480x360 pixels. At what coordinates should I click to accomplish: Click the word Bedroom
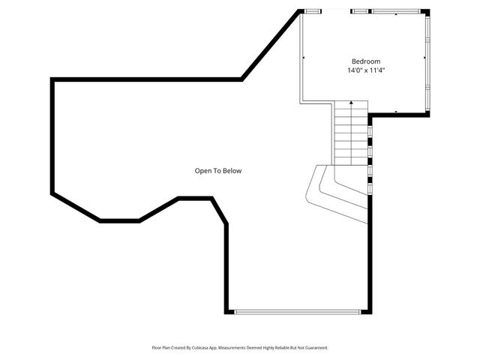pyautogui.click(x=366, y=61)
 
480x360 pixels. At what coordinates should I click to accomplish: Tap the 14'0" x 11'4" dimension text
pyautogui.click(x=366, y=71)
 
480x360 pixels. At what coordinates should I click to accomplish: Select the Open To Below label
pyautogui.click(x=218, y=171)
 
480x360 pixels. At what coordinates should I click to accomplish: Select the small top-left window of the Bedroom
pyautogui.click(x=312, y=10)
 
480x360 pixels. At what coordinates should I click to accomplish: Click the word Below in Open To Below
pyautogui.click(x=232, y=171)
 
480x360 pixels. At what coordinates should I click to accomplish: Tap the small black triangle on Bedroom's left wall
pyautogui.click(x=303, y=57)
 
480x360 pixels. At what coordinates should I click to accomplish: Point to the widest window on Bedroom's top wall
pyautogui.click(x=397, y=10)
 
